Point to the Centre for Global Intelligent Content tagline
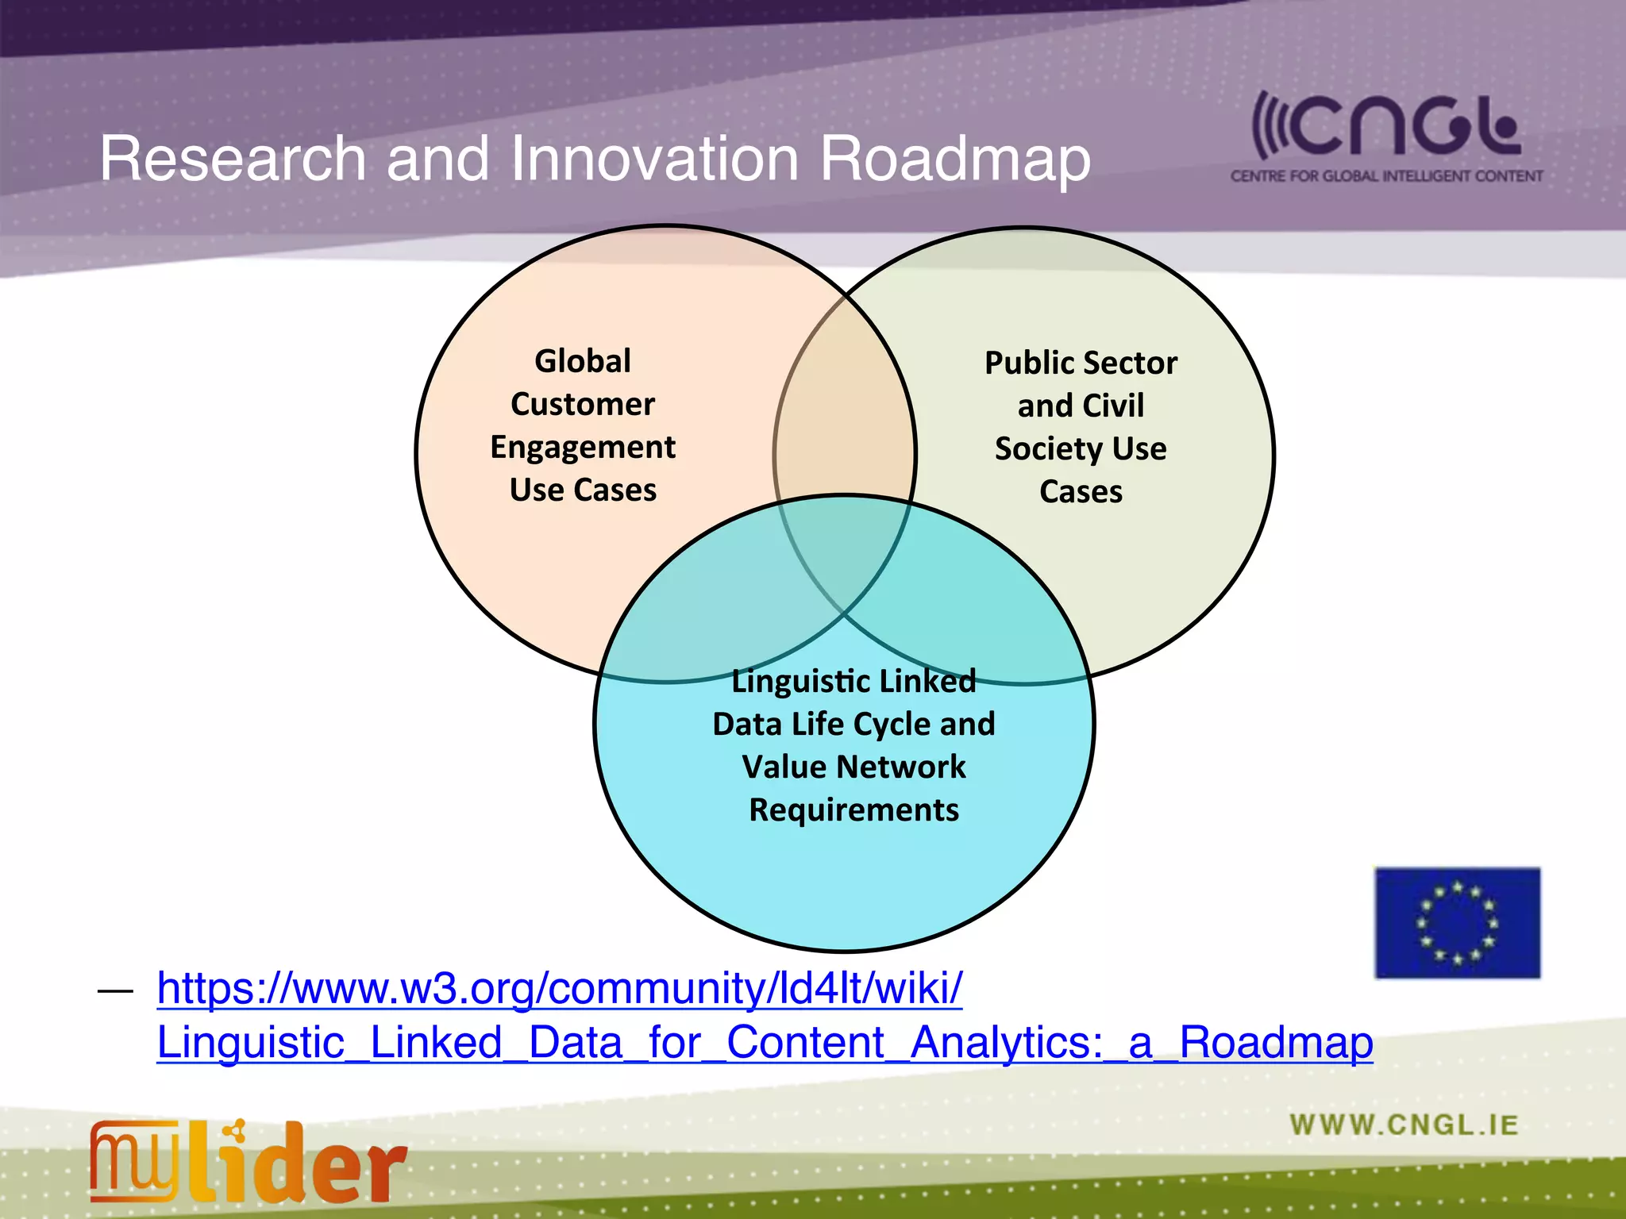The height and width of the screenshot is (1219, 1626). (1386, 176)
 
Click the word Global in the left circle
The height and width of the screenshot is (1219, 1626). (583, 361)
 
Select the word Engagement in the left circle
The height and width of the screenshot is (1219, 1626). (583, 448)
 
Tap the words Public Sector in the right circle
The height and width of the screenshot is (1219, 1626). (1081, 363)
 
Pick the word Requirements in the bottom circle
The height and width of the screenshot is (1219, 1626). (853, 810)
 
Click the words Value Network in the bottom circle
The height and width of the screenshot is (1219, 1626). (853, 767)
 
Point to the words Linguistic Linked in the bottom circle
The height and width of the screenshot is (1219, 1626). (853, 682)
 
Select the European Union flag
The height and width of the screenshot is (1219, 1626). (1457, 922)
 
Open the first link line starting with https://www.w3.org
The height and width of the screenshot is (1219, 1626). (560, 989)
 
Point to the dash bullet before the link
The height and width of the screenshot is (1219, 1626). (115, 991)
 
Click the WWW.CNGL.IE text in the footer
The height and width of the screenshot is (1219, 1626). (1404, 1125)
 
